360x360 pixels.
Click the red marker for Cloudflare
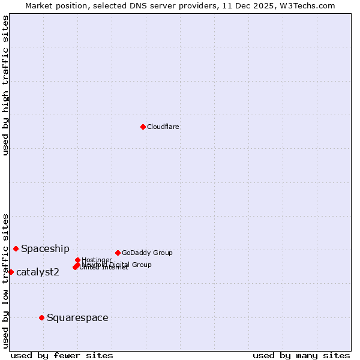(143, 127)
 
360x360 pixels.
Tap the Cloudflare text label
(163, 127)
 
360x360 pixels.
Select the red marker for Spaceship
(16, 248)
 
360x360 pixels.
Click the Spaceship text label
(45, 248)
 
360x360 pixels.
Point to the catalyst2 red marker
(11, 272)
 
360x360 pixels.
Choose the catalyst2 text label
(38, 272)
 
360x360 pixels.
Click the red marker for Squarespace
(41, 317)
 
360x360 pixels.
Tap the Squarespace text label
(77, 317)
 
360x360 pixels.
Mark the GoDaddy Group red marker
(118, 253)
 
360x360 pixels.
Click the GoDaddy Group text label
(147, 253)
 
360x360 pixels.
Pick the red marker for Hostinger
(78, 260)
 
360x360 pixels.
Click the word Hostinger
(97, 260)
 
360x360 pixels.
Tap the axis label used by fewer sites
(62, 355)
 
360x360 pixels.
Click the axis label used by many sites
(301, 355)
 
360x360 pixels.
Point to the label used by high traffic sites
(5, 85)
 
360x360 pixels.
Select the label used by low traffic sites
(5, 281)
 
